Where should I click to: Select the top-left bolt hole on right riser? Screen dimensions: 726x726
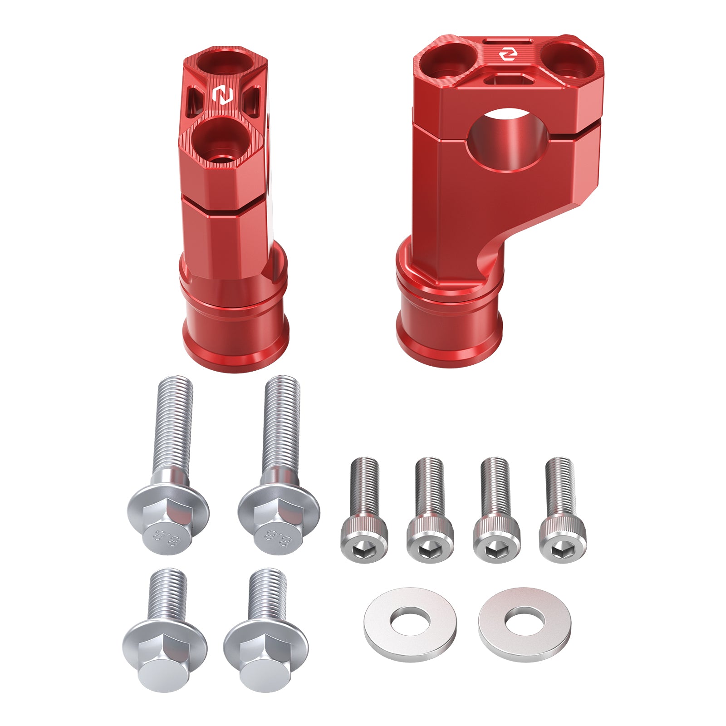tap(446, 59)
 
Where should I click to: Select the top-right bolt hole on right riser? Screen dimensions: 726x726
tap(567, 59)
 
